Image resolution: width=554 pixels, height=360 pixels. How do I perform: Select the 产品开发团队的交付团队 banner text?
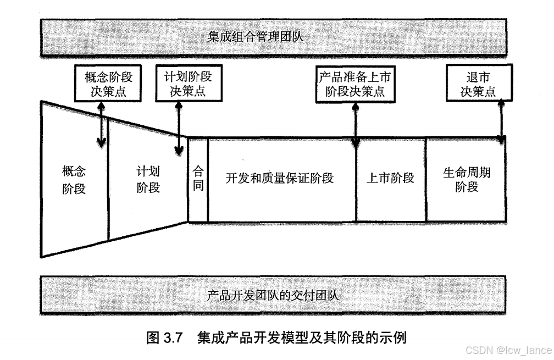(x=273, y=295)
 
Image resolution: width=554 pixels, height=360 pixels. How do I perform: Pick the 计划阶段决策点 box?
(x=184, y=84)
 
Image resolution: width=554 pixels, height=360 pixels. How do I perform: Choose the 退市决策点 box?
(x=478, y=84)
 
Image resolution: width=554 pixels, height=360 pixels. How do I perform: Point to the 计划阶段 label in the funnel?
(x=148, y=179)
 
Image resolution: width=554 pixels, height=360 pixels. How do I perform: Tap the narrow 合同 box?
(x=198, y=179)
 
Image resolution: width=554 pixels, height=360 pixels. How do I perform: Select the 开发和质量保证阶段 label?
(x=280, y=178)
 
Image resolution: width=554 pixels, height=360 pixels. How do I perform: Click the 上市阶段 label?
(x=390, y=178)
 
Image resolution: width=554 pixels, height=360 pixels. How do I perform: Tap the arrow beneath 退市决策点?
(x=501, y=121)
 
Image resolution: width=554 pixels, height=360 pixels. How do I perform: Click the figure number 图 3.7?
(x=164, y=337)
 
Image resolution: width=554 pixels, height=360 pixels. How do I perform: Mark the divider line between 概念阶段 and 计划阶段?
(x=108, y=181)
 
